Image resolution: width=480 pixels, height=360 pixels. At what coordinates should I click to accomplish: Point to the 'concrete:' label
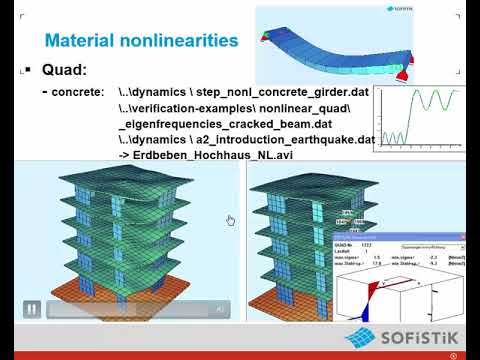(x=78, y=92)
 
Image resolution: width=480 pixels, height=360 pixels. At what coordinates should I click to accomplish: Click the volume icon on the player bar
(x=219, y=310)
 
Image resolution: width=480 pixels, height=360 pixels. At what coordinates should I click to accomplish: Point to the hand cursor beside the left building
(x=230, y=220)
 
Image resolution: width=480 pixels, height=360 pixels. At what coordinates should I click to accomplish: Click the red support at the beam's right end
(x=406, y=72)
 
